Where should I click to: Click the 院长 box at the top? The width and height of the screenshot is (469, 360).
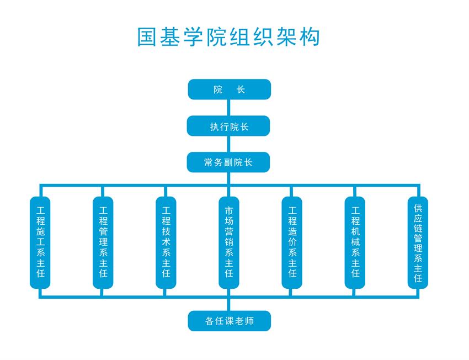[x=229, y=89]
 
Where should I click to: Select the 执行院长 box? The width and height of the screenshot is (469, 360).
[x=229, y=126]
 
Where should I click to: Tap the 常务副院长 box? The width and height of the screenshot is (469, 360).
[x=229, y=162]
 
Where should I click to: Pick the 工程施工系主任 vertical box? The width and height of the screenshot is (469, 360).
[x=40, y=242]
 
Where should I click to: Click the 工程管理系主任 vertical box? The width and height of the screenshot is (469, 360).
[x=103, y=242]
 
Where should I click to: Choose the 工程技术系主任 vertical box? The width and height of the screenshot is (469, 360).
[x=166, y=242]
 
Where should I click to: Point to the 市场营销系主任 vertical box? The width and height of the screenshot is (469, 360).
[x=229, y=242]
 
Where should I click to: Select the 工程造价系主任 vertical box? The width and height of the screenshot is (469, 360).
[x=292, y=242]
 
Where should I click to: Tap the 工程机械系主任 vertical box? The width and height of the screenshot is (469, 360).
[x=355, y=242]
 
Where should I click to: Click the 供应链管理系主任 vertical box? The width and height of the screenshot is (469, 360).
[x=418, y=242]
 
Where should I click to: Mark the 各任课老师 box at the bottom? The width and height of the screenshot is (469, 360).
[x=229, y=321]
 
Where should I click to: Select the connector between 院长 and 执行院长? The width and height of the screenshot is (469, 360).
[x=229, y=108]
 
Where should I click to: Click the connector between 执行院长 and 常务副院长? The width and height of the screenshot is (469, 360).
[x=229, y=144]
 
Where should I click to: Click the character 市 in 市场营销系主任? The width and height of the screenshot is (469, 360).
[x=229, y=210]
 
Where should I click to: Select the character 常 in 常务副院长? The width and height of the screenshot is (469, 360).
[x=209, y=162]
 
